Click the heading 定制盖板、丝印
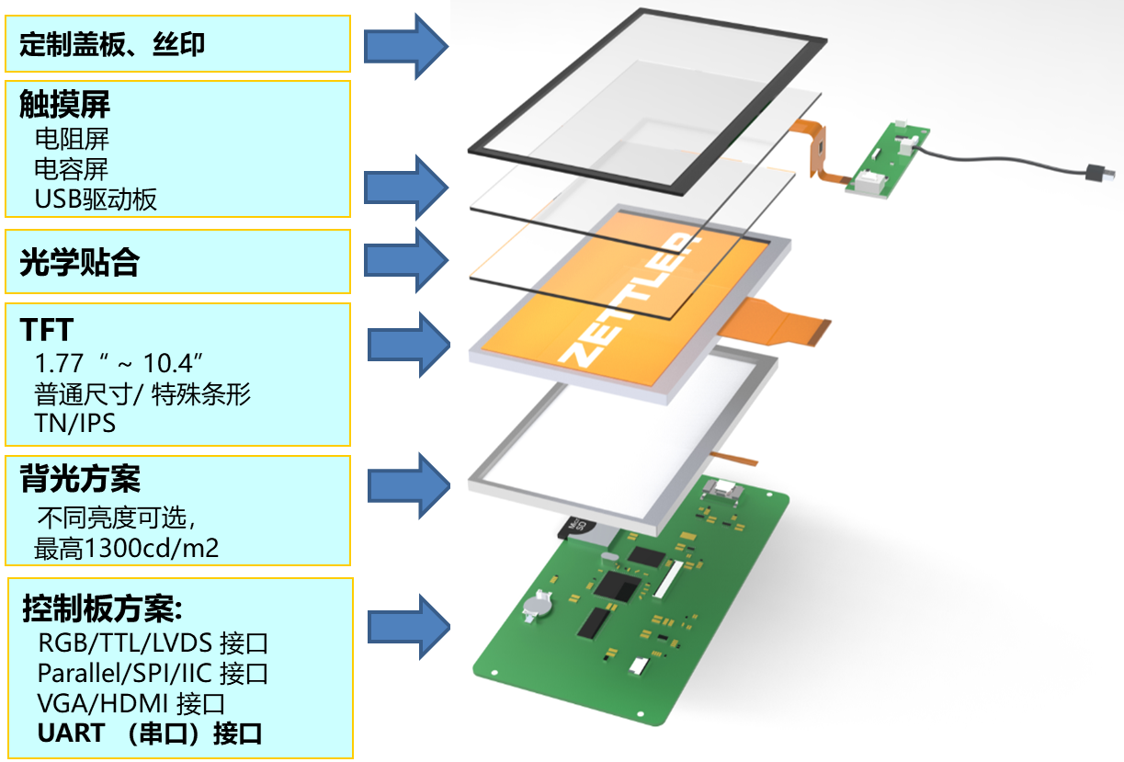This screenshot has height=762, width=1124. point(111,43)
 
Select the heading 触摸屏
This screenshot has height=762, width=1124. point(64,105)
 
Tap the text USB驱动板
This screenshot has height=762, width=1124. point(96,199)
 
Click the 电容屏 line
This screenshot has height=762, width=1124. point(71,169)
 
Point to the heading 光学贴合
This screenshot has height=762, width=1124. point(79,263)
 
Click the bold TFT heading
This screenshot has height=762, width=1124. point(46,329)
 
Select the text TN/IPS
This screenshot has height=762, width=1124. point(74,424)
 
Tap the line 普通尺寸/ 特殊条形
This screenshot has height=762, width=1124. point(142,394)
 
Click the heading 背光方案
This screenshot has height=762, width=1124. point(80,479)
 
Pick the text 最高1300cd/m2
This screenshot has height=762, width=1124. point(126,549)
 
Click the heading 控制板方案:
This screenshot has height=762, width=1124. point(103,608)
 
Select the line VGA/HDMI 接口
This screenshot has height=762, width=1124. point(131,704)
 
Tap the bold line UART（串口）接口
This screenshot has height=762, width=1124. point(150,734)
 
